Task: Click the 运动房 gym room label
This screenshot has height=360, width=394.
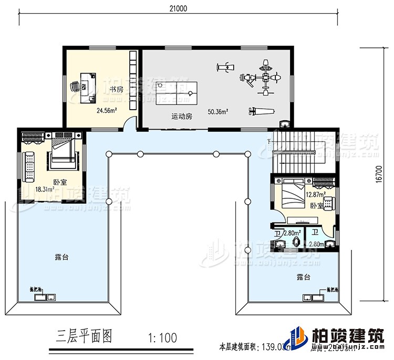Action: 182,117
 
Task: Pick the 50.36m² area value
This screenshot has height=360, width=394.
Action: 218,112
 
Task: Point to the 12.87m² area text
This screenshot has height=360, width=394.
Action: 314,195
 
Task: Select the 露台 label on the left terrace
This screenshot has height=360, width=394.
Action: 61,258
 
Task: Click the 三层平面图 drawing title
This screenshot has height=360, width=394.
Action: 85,336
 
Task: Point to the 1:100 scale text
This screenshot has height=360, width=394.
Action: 162,337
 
